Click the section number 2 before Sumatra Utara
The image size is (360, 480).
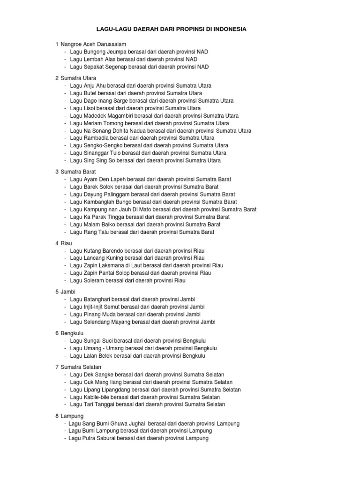(57, 78)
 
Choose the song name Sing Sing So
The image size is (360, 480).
(99, 160)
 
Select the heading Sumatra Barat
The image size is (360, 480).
(78, 172)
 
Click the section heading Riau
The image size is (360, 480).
(66, 243)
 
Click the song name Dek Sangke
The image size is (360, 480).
(98, 375)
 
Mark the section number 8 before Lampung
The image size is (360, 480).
(57, 416)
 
